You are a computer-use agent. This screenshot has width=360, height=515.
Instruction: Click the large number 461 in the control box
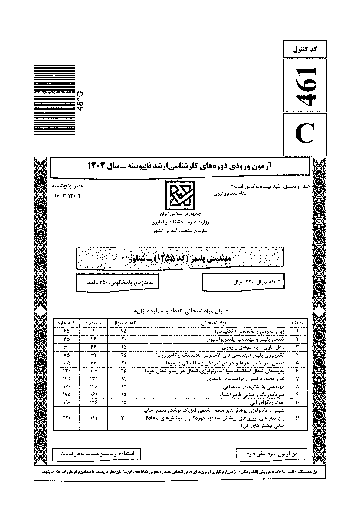point(305,86)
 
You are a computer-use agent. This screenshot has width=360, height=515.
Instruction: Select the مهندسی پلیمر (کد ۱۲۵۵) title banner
point(180,259)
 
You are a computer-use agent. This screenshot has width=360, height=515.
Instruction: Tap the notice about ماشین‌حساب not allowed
point(97,454)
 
